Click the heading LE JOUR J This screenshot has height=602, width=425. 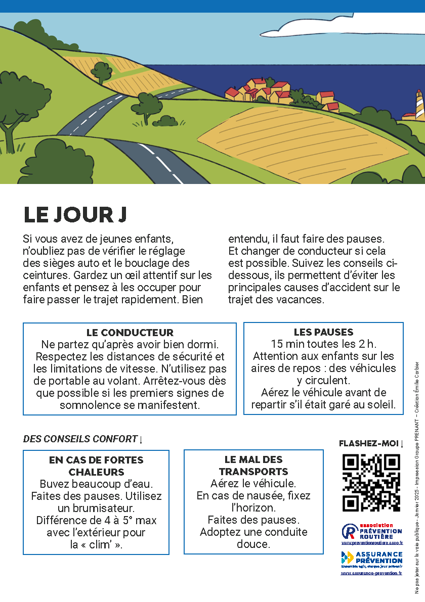coord(75,215)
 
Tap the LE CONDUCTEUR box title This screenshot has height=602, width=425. coord(130,333)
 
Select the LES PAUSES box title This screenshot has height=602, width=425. coord(323,332)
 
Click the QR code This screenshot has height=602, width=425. coord(371,483)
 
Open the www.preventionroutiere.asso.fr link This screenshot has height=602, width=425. coord(372,543)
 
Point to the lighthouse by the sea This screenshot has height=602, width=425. coord(419,105)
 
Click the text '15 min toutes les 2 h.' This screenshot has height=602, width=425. coord(323,344)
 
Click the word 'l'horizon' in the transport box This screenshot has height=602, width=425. coord(253,507)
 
